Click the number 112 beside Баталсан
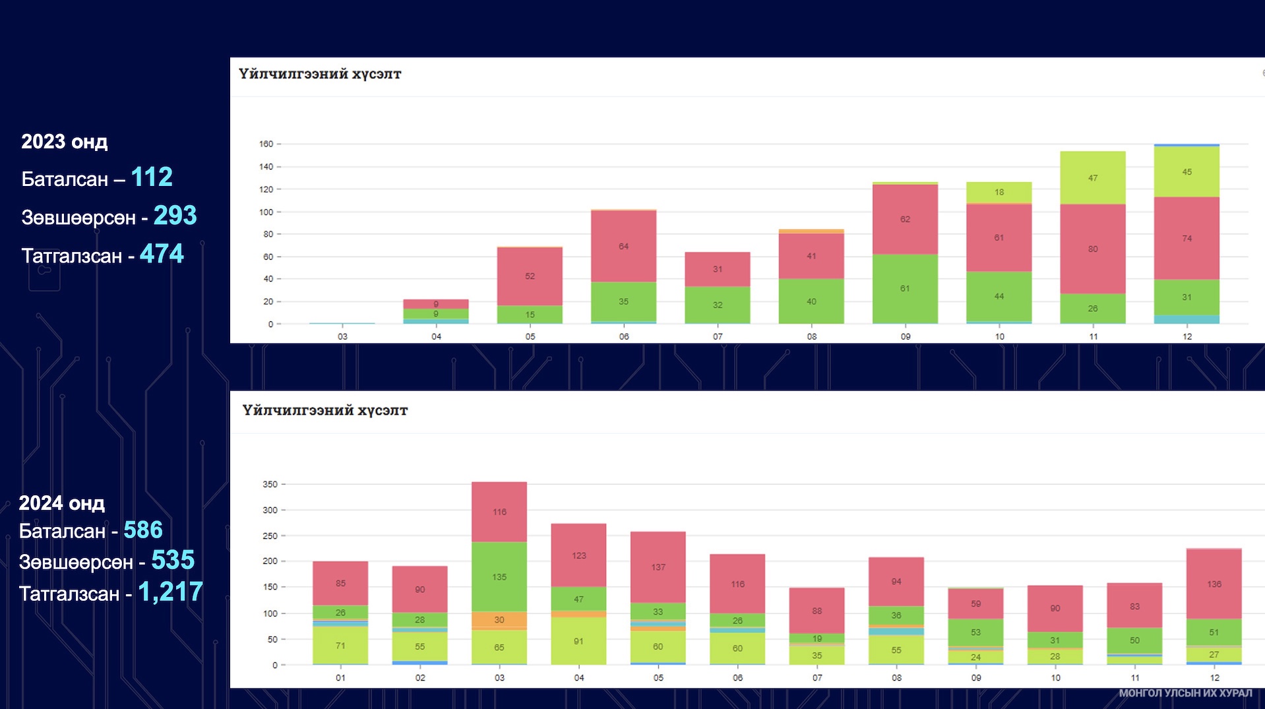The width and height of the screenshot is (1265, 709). pyautogui.click(x=152, y=177)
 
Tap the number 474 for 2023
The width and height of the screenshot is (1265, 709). pyautogui.click(x=162, y=254)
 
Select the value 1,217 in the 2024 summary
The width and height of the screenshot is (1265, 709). pyautogui.click(x=170, y=592)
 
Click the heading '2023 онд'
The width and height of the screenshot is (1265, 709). pyautogui.click(x=64, y=142)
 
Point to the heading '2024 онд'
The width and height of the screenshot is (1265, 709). pyautogui.click(x=61, y=503)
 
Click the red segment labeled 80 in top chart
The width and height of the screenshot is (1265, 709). pyautogui.click(x=1092, y=249)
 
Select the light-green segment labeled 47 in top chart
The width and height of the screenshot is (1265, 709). pyautogui.click(x=1092, y=178)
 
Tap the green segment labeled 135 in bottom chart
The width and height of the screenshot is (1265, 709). pyautogui.click(x=499, y=576)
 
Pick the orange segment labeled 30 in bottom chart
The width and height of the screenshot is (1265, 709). pyautogui.click(x=499, y=620)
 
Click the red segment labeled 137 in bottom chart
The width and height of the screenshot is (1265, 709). pyautogui.click(x=658, y=567)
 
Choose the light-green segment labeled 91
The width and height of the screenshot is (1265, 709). pyautogui.click(x=578, y=640)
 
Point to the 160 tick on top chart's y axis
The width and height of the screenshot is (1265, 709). pyautogui.click(x=266, y=144)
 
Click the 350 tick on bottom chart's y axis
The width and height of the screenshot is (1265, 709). pyautogui.click(x=270, y=484)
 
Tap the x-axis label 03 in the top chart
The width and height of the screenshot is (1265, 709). pyautogui.click(x=342, y=336)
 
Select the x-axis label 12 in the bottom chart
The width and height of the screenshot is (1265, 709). pyautogui.click(x=1214, y=677)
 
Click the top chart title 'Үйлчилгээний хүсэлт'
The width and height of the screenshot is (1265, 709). pyautogui.click(x=320, y=74)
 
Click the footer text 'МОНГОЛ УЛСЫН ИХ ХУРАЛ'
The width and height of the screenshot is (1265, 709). pyautogui.click(x=1185, y=693)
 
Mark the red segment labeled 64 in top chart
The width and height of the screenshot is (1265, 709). pyautogui.click(x=623, y=246)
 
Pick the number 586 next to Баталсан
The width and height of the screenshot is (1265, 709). pyautogui.click(x=142, y=530)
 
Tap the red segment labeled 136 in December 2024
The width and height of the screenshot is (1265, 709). pyautogui.click(x=1214, y=584)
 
